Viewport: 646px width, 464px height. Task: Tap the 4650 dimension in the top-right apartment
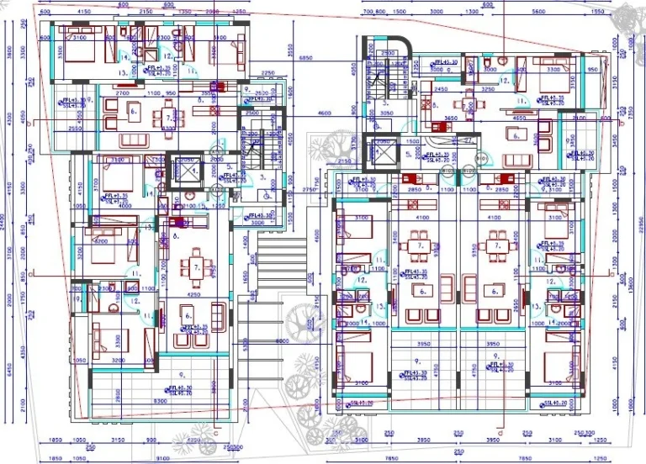click(x=519, y=119)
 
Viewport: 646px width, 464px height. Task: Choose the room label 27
click(x=469, y=141)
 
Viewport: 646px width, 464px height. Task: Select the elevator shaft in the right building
click(x=384, y=153)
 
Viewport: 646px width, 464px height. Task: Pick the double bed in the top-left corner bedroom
click(x=76, y=50)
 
